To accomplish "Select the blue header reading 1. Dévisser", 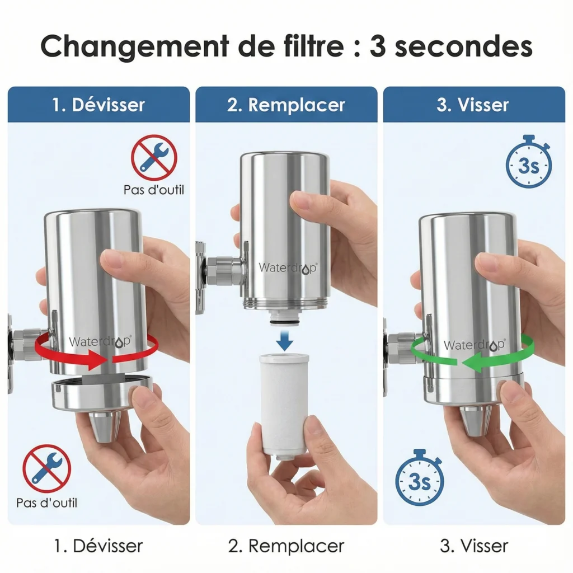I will [x=98, y=105].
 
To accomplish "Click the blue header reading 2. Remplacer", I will [x=286, y=105].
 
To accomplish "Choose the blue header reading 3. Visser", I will [x=473, y=105].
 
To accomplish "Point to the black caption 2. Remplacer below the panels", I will [x=286, y=546].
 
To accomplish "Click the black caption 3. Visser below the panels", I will [x=473, y=546].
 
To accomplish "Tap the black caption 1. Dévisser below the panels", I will [x=98, y=546].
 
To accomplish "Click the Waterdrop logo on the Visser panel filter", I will [x=475, y=345].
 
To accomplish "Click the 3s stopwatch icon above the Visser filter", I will [x=528, y=163].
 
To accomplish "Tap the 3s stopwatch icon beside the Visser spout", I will [x=419, y=479].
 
